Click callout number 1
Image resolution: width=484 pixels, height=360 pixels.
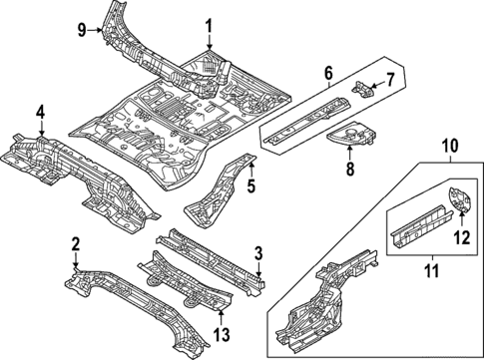210,25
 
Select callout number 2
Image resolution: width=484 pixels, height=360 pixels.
76,244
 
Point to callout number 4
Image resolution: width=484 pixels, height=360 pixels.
40,112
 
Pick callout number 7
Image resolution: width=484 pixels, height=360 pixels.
391,79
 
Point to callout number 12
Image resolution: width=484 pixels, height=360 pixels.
461,237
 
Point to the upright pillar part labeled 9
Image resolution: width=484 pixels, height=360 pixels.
125,30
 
